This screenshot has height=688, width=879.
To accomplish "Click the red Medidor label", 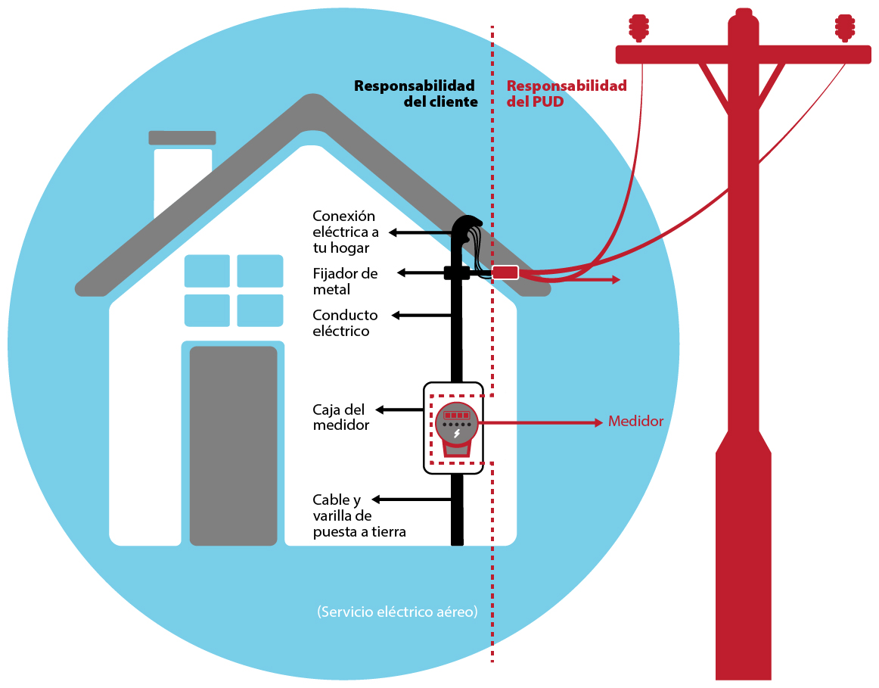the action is click(635, 421).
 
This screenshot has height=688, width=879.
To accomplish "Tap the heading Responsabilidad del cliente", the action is click(415, 94).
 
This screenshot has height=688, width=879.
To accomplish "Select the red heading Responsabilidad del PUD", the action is click(567, 94).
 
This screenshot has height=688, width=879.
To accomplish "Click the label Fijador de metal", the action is click(345, 282).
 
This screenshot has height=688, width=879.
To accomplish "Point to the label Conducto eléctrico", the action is click(345, 323).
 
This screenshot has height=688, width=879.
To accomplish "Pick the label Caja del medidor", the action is click(341, 417).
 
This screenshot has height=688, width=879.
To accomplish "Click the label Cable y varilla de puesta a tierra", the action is click(359, 516).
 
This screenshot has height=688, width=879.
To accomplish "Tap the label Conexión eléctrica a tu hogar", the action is click(346, 232).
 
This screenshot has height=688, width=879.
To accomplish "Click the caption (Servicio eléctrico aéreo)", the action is click(397, 612).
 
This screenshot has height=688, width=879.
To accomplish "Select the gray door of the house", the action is click(233, 446).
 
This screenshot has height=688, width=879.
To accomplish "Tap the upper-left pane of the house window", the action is click(207, 271).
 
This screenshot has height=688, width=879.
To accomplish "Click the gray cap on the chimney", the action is click(182, 138).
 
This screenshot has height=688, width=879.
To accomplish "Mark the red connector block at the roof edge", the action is click(505, 272).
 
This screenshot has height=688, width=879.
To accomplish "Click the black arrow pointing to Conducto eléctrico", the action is click(421, 316).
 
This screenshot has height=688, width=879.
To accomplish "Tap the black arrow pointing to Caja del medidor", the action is click(399, 410).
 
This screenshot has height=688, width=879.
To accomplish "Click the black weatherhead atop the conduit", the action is click(467, 226).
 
